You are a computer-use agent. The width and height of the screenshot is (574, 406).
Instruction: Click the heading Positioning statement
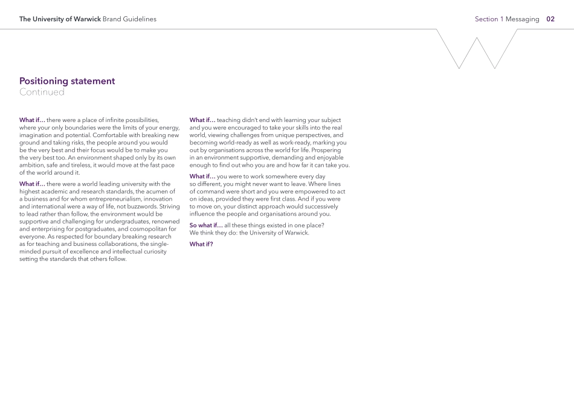tap(67, 81)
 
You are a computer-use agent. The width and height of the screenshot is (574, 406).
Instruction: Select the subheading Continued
tap(42, 92)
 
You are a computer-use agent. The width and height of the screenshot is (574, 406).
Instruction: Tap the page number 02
tap(550, 19)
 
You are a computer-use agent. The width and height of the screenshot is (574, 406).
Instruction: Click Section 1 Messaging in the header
tap(507, 19)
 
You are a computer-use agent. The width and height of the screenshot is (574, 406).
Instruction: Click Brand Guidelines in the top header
tap(129, 19)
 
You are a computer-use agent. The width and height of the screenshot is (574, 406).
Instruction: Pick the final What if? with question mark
tap(201, 244)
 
